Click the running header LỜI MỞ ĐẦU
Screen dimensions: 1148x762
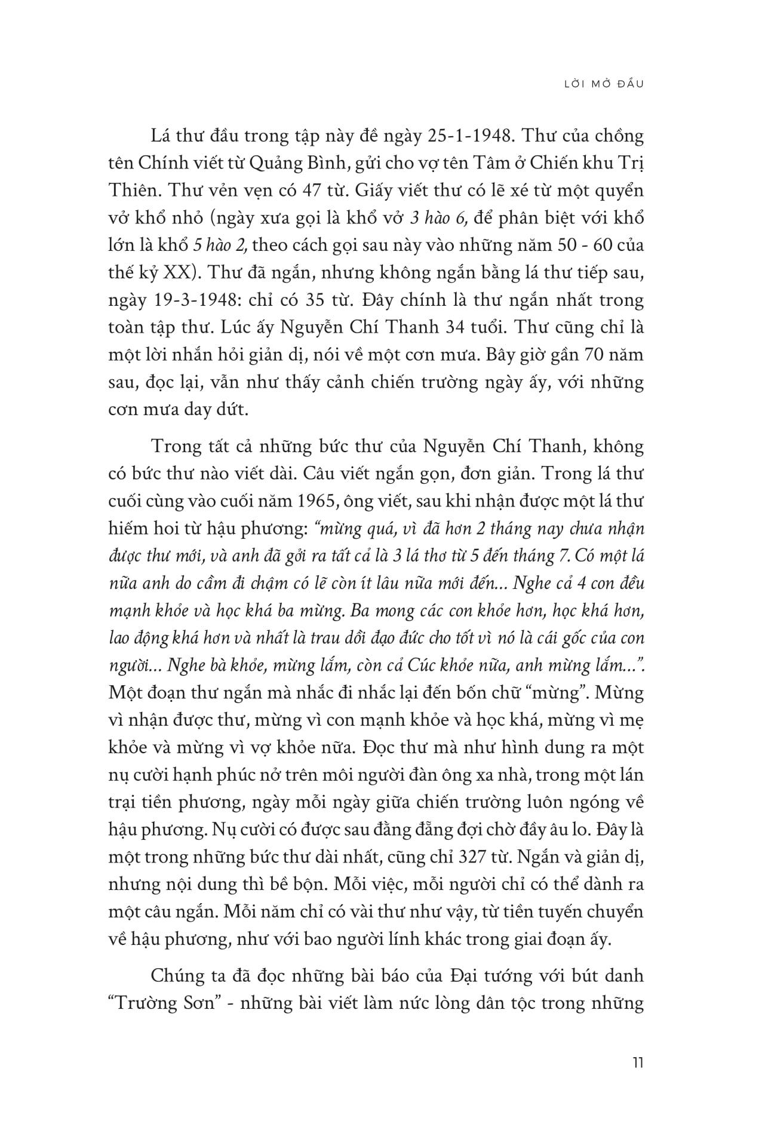tap(604, 84)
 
